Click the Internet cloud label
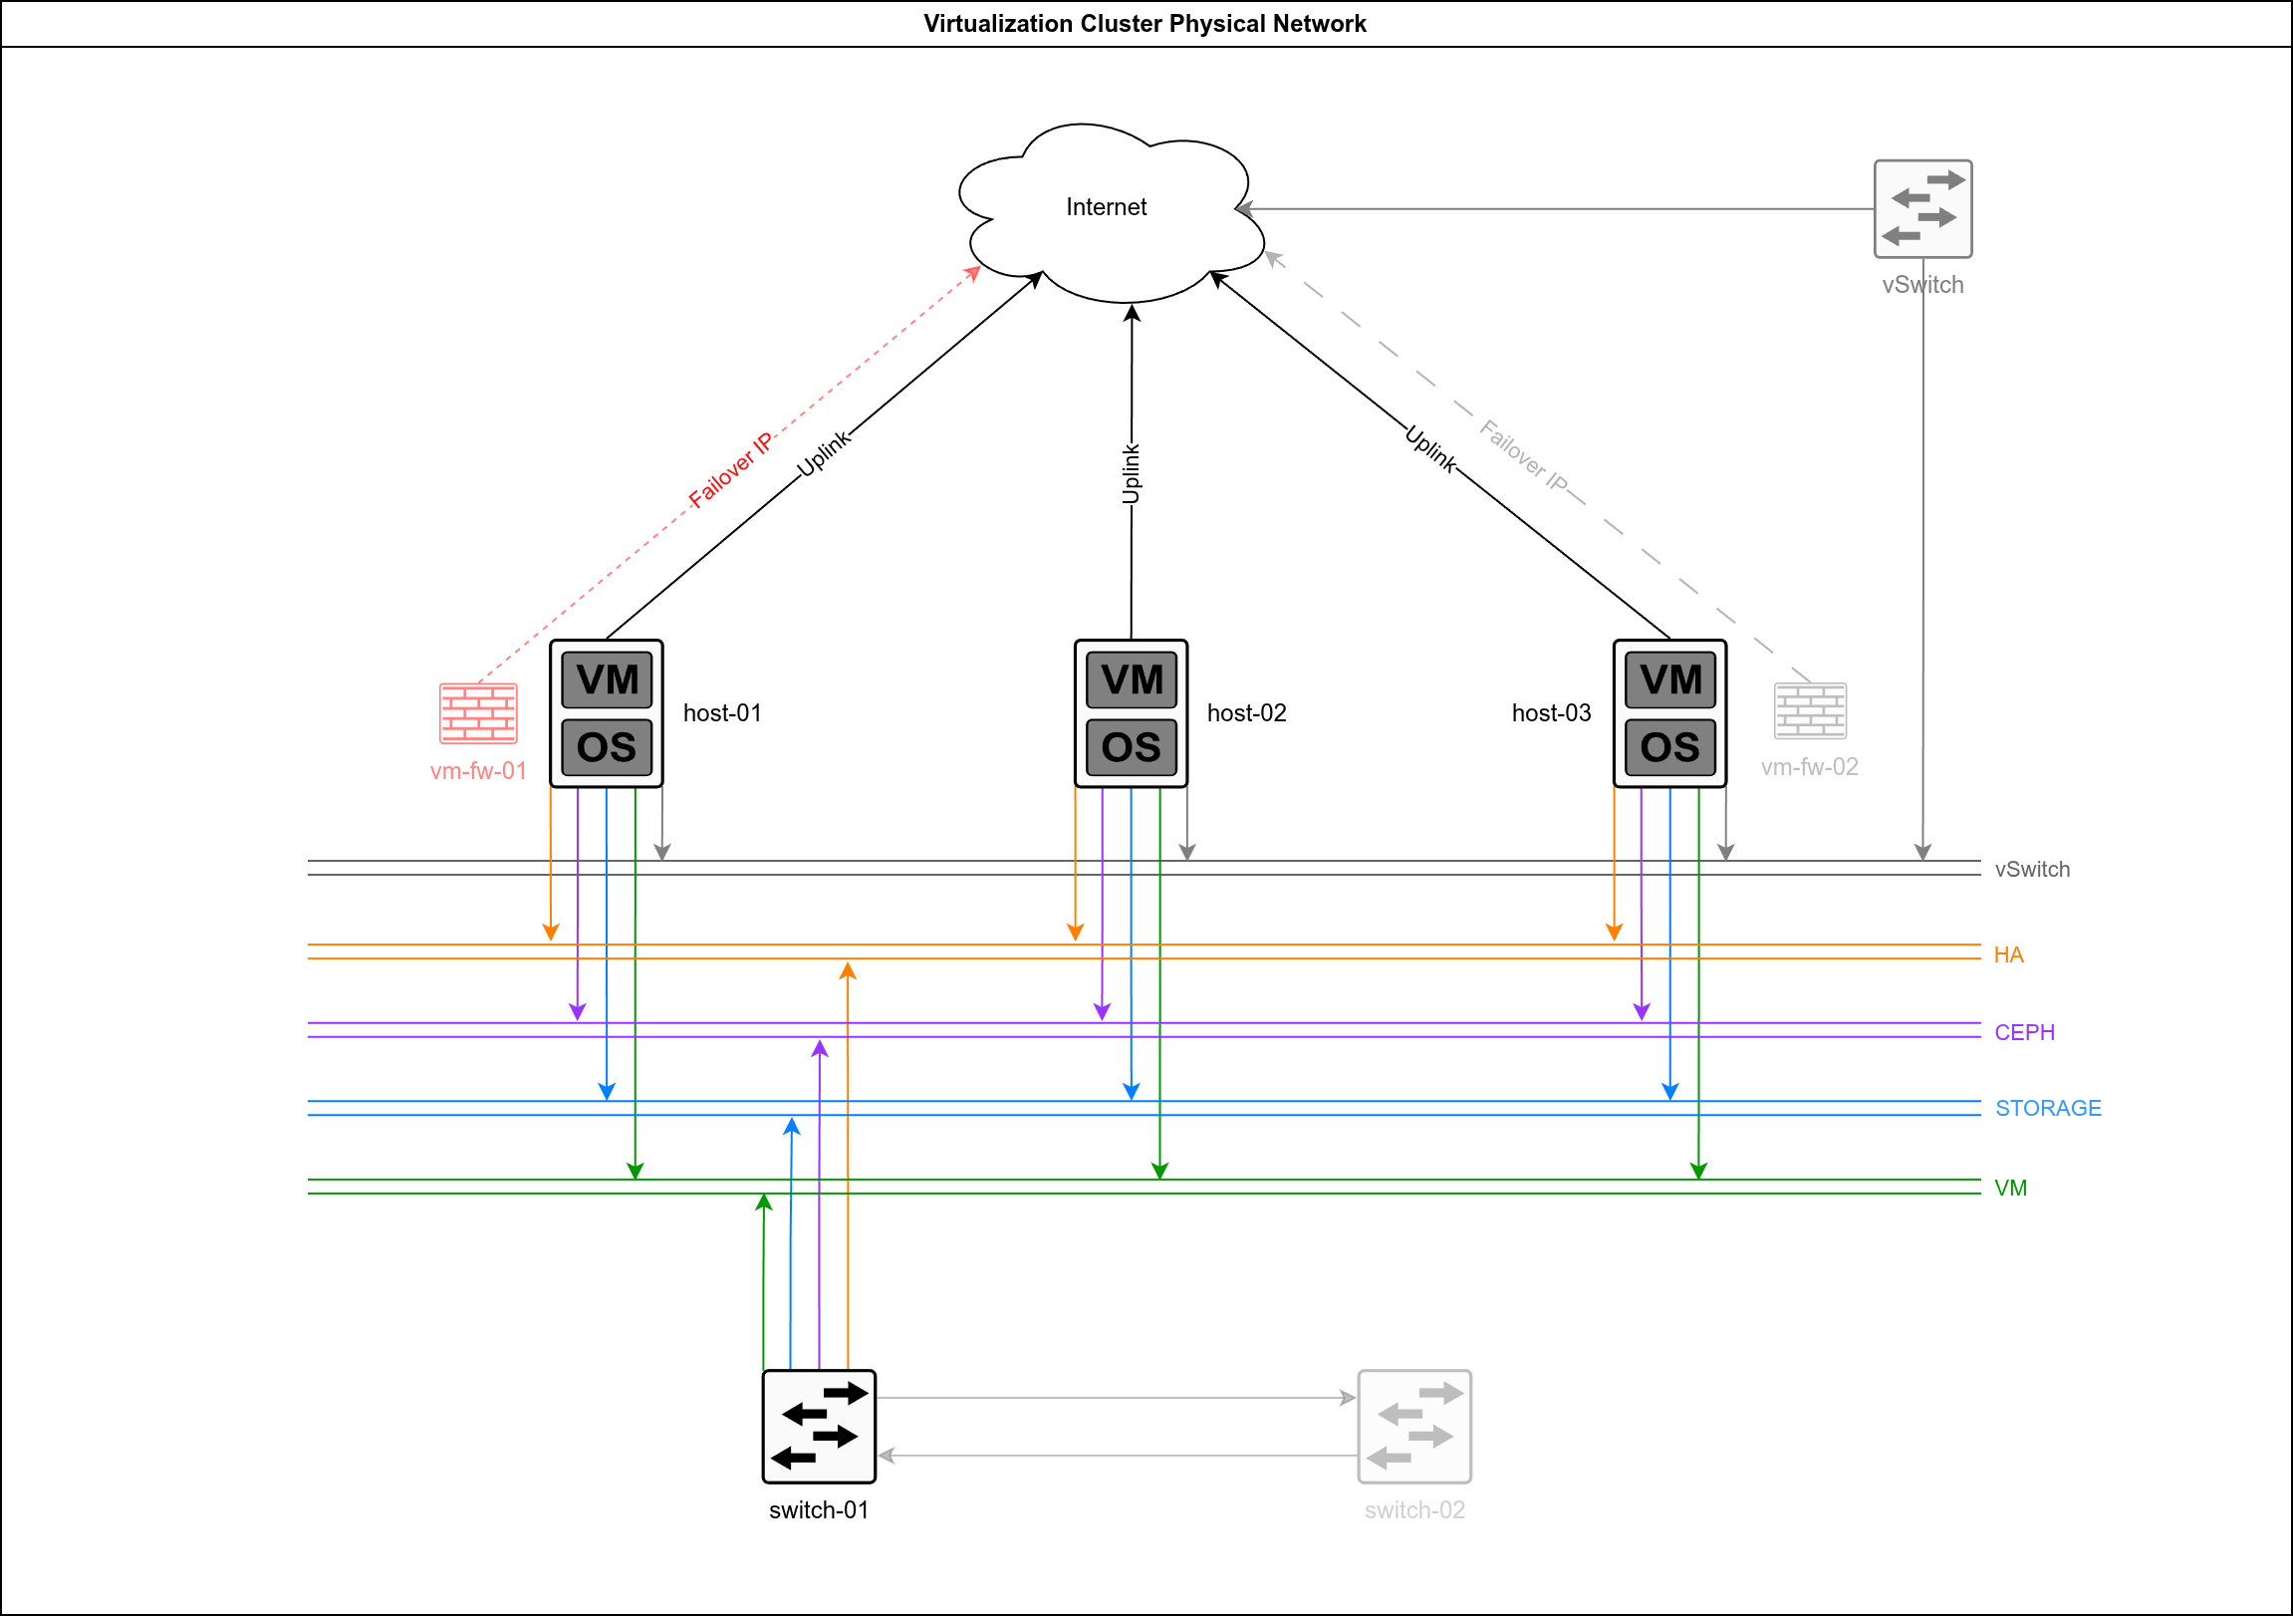(x=1106, y=207)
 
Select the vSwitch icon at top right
(x=1922, y=209)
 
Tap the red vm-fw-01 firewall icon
(x=478, y=713)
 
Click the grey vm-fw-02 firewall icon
(x=1810, y=710)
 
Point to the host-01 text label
(x=722, y=713)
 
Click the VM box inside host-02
(x=1132, y=680)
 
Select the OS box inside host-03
(x=1669, y=747)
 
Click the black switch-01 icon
(x=819, y=1427)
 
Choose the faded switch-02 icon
(x=1414, y=1427)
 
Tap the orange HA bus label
(x=2008, y=954)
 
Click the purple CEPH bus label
(x=2024, y=1033)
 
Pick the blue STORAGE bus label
(x=2048, y=1109)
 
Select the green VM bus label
(x=2010, y=1189)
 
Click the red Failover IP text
(x=731, y=470)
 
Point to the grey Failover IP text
(x=1523, y=455)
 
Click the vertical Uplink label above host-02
(x=1131, y=473)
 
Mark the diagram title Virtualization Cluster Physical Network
(x=1145, y=24)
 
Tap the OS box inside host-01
(x=607, y=747)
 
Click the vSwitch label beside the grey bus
(x=2032, y=870)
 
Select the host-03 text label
(x=1551, y=713)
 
